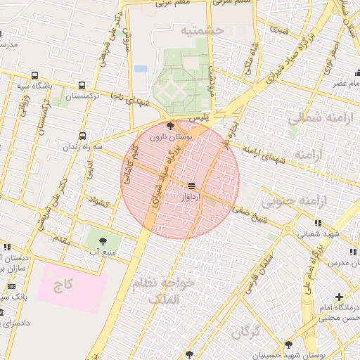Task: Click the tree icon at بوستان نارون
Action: pyautogui.click(x=172, y=125)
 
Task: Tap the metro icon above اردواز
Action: pyautogui.click(x=191, y=185)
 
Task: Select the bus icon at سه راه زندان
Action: pyautogui.click(x=84, y=135)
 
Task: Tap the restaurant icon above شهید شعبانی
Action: pyautogui.click(x=319, y=223)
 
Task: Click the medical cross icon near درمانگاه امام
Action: pyautogui.click(x=340, y=297)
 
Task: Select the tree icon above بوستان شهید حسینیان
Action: pyautogui.click(x=288, y=345)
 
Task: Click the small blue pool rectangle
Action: pyautogui.click(x=141, y=69)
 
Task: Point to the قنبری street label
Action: pyautogui.click(x=280, y=30)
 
